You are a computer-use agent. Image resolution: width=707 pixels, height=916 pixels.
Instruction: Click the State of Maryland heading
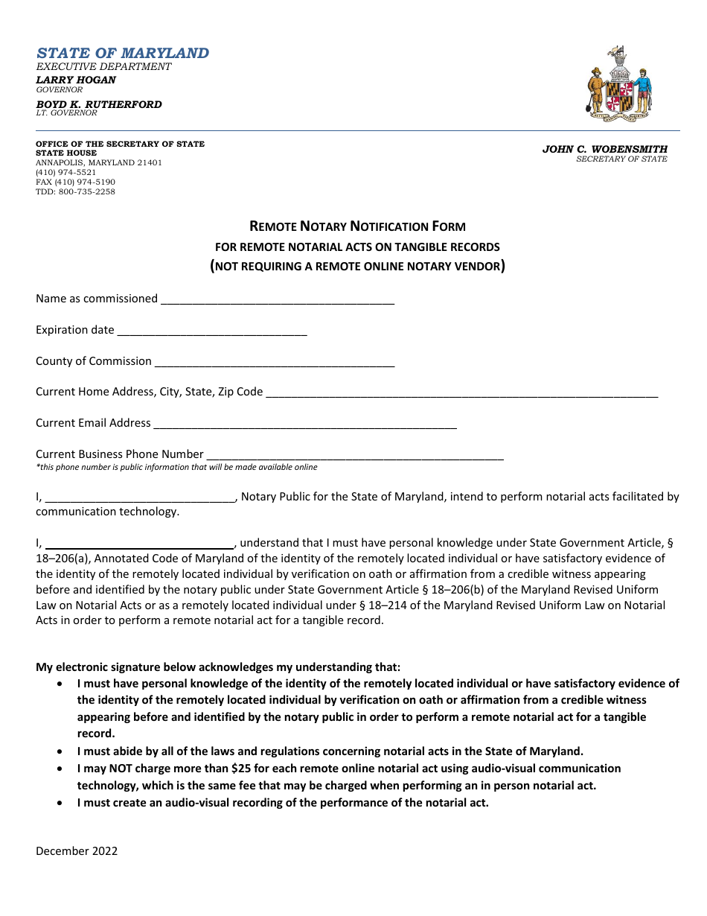(x=123, y=54)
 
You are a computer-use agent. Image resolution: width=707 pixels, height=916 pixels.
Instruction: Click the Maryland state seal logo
(x=620, y=83)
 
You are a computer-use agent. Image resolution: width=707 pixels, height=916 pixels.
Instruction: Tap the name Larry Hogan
(x=76, y=80)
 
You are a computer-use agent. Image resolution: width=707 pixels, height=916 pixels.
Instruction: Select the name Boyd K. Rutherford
(x=99, y=104)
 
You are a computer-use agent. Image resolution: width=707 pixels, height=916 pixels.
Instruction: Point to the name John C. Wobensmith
(x=604, y=149)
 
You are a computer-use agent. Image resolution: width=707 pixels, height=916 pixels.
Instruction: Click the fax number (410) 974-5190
(x=75, y=182)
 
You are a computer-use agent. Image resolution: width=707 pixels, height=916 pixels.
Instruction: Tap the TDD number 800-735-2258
(x=75, y=191)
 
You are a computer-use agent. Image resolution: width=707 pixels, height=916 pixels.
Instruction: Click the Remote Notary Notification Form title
(x=357, y=226)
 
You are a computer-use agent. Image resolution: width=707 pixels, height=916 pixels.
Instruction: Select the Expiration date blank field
(x=212, y=331)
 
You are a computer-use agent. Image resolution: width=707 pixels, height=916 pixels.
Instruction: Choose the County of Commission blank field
(x=274, y=362)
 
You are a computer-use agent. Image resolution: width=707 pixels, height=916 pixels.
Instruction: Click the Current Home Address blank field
(x=461, y=392)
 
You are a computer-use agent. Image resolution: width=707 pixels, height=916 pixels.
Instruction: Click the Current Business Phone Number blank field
(x=354, y=455)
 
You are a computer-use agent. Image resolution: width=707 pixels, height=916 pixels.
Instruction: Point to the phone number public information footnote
(x=176, y=468)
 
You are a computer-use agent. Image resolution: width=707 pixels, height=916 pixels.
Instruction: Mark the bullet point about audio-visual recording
(x=283, y=803)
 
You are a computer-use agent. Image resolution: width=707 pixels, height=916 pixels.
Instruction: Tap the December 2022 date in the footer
(x=77, y=851)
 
